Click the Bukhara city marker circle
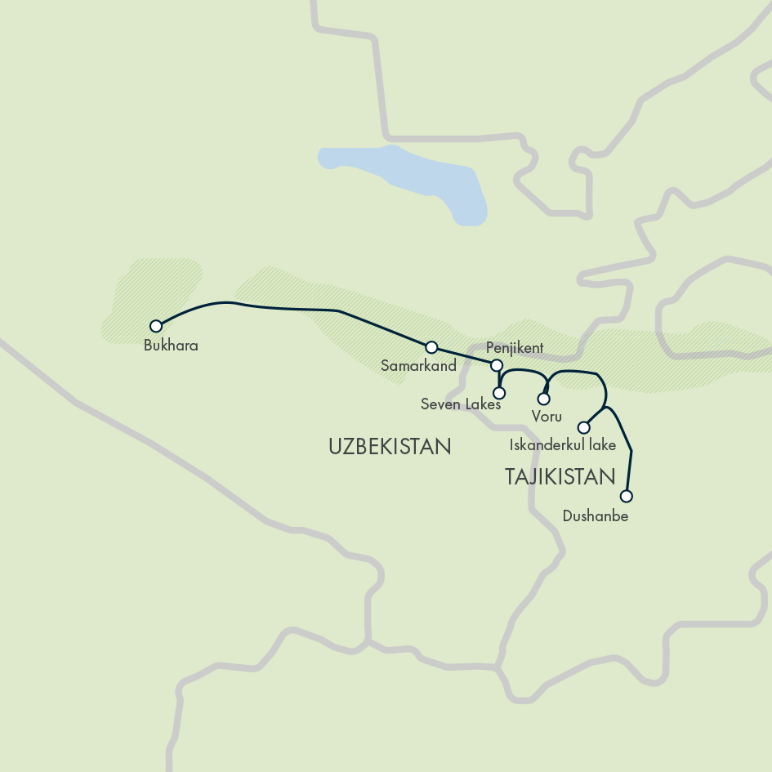click(x=156, y=325)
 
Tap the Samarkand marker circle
click(x=432, y=347)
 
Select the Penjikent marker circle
click(x=495, y=364)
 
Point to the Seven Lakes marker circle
click(x=500, y=393)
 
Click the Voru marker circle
click(x=543, y=399)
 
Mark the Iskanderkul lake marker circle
click(x=583, y=427)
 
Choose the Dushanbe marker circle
click(x=627, y=496)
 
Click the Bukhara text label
click(x=171, y=346)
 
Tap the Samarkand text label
click(x=418, y=366)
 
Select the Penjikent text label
click(x=514, y=348)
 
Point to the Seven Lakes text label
click(x=460, y=404)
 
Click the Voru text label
click(x=547, y=417)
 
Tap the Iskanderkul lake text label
click(x=562, y=446)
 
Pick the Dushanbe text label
click(x=596, y=516)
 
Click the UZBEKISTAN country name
click(x=390, y=447)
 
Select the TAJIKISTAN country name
click(x=560, y=477)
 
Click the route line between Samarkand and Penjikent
click(x=463, y=356)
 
